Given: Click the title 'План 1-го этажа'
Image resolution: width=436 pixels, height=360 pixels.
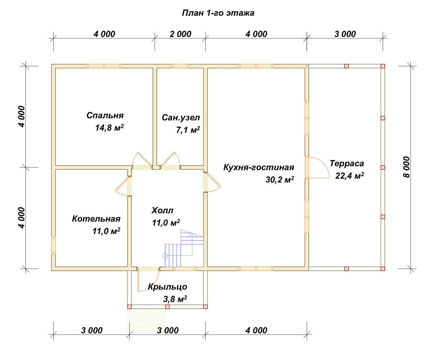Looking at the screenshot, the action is tap(218, 13).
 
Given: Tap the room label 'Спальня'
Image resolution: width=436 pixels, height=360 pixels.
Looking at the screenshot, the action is tap(105, 115).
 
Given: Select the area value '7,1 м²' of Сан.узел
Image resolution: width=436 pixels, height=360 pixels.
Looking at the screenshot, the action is tap(188, 130).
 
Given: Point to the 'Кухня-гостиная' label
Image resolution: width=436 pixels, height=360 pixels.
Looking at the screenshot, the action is tap(259, 167).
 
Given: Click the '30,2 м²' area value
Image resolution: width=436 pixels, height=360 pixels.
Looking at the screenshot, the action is tap(280, 179).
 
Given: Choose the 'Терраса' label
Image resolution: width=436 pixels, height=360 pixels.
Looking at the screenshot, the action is tap(347, 163).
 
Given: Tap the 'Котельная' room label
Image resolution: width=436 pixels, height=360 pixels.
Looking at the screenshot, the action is tap(96, 219).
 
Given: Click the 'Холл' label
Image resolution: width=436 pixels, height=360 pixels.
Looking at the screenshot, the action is tap(162, 210).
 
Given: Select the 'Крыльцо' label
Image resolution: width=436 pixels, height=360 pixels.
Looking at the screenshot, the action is tap(168, 287).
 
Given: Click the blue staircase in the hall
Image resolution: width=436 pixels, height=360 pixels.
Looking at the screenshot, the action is tap(183, 248).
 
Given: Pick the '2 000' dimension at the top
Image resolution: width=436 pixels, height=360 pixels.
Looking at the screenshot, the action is tap(181, 34).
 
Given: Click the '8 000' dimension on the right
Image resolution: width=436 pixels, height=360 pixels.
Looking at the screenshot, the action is tap(406, 167).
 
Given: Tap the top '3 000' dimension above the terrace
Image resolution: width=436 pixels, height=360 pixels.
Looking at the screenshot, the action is tap(345, 34).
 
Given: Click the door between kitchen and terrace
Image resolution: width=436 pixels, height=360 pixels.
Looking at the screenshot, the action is tap(317, 167).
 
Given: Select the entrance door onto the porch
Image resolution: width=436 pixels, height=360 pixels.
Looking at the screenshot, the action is tap(148, 279).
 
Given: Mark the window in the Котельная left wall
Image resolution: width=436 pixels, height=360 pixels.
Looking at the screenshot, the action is tap(53, 245).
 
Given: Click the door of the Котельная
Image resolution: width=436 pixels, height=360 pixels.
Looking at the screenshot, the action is tap(123, 186).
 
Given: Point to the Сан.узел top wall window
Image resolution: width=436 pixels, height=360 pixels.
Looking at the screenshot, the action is tap(180, 66).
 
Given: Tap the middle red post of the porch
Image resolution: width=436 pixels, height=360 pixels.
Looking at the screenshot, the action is tap(167, 307).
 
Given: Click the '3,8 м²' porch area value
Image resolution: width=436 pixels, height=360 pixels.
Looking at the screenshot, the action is tap(175, 299).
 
